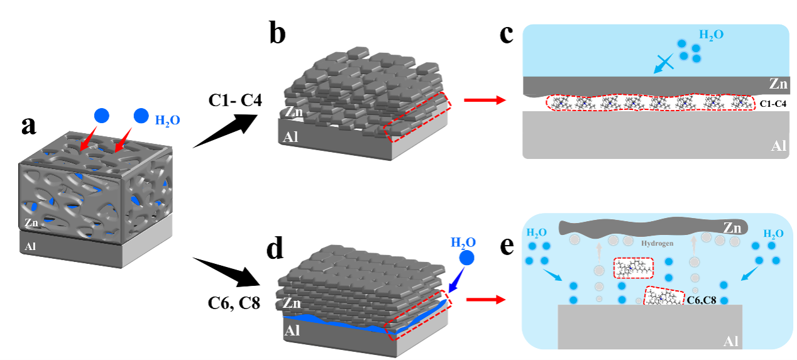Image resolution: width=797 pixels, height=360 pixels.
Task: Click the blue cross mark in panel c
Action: point(664,63)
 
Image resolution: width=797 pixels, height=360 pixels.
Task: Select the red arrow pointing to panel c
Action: point(484,99)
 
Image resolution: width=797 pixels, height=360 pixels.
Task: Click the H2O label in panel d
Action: point(463,242)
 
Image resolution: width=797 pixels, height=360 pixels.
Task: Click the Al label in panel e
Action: point(728,341)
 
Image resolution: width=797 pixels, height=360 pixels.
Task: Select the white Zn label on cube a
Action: point(31,222)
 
